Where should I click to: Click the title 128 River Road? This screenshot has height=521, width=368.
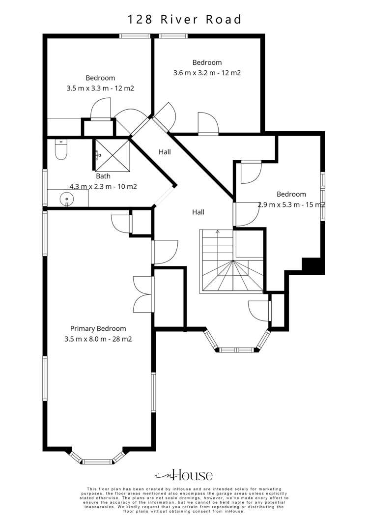point(185,20)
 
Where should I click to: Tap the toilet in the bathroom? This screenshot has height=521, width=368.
point(61,150)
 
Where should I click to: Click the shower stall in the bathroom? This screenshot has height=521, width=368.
point(112,154)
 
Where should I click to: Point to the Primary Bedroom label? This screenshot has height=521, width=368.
point(98,328)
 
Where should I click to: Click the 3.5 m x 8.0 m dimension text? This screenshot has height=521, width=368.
point(98,339)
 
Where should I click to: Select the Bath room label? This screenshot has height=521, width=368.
point(103,176)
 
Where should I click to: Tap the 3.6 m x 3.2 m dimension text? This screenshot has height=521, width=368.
point(207,73)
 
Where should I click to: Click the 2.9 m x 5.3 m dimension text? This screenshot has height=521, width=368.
point(291,204)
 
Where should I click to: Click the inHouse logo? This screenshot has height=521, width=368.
point(184,475)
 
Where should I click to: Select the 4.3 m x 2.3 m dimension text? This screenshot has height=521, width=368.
point(103,186)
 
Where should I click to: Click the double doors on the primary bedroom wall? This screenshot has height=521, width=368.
point(142,294)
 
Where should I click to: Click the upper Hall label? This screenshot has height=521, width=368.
point(165,152)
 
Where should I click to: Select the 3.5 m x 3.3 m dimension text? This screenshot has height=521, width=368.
point(100,88)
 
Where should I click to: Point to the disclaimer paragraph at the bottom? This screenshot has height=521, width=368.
point(184,500)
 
